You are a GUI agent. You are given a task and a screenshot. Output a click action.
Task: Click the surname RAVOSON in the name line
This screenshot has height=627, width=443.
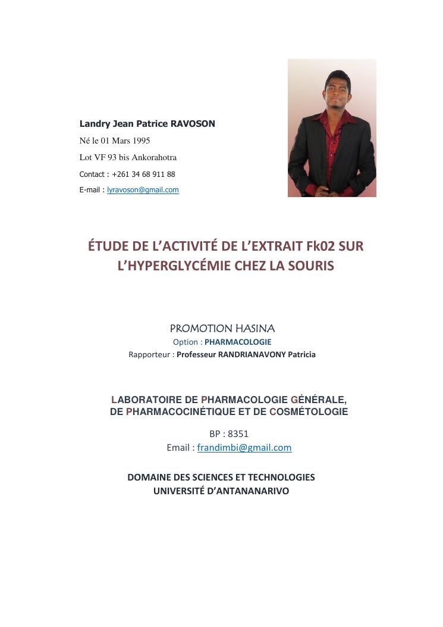pyautogui.click(x=193, y=124)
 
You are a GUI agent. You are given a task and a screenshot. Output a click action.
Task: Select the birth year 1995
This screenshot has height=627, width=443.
pyautogui.click(x=140, y=141)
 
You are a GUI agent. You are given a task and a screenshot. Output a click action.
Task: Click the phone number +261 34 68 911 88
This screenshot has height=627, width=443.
pyautogui.click(x=143, y=174)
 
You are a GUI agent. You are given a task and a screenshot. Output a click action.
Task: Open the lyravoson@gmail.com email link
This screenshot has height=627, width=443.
pyautogui.click(x=143, y=190)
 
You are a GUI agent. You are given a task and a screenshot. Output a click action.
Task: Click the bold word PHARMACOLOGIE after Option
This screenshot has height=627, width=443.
pyautogui.click(x=238, y=342)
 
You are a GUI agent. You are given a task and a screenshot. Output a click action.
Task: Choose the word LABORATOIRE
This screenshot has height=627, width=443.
pyautogui.click(x=147, y=400)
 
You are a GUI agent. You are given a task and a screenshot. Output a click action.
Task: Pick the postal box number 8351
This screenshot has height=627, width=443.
pyautogui.click(x=238, y=433)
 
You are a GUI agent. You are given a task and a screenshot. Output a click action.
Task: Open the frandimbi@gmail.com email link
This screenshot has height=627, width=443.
pyautogui.click(x=244, y=448)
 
